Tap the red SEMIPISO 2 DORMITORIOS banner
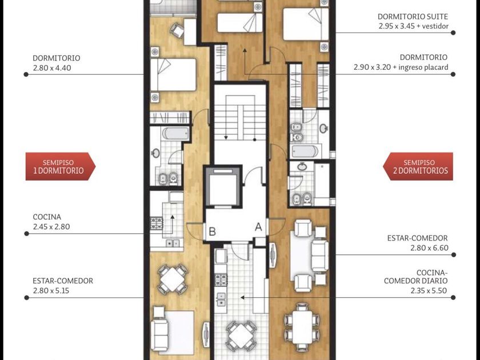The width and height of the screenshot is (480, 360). [x=418, y=166]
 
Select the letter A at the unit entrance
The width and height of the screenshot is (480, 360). [x=258, y=227]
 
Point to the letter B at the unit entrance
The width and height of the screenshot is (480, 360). [x=212, y=231]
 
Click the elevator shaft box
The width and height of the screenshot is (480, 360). [x=223, y=186]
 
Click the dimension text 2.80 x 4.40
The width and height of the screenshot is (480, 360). [x=52, y=68]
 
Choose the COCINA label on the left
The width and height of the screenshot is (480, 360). [x=47, y=217]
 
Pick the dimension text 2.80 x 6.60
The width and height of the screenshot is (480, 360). [x=429, y=247]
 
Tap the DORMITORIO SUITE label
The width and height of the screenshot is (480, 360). [x=413, y=17]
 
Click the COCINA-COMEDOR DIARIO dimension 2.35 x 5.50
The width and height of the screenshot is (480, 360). [x=429, y=290]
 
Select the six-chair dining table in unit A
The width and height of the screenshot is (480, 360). [x=302, y=327]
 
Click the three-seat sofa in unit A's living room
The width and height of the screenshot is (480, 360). [x=320, y=256]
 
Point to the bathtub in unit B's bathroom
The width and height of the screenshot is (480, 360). [x=176, y=134]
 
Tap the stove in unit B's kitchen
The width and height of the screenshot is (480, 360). [x=157, y=223]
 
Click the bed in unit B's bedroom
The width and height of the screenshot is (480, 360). [x=173, y=74]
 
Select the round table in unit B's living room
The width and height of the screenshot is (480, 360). [x=173, y=279]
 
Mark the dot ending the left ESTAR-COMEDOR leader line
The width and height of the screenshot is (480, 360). [x=27, y=298]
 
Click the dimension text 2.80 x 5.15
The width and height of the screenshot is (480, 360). [x=51, y=290]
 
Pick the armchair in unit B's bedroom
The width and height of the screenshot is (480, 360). [x=177, y=30]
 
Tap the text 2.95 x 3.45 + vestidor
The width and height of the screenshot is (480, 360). [x=413, y=26]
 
